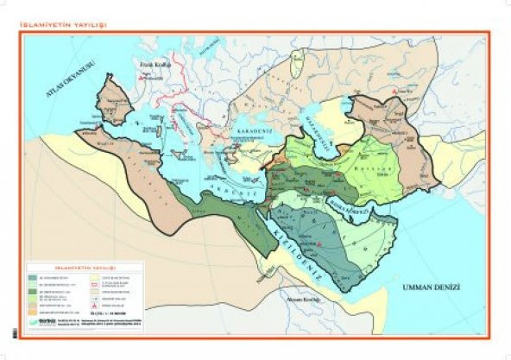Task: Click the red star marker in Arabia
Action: [324, 245]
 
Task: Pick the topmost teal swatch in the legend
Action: [33, 277]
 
